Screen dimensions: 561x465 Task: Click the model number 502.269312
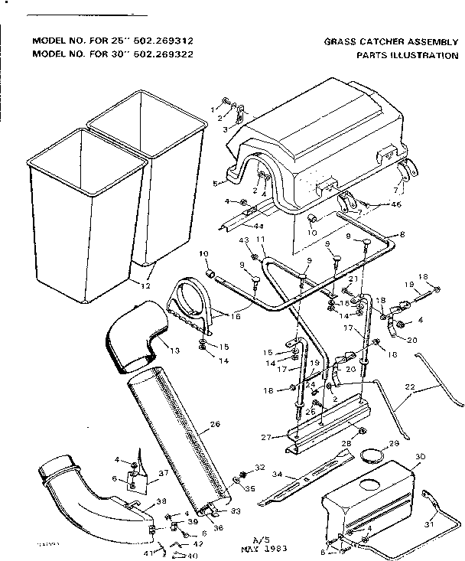pos(171,41)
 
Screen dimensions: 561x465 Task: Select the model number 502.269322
pos(171,54)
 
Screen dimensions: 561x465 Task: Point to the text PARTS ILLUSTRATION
pos(396,55)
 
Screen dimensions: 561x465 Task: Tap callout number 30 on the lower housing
pos(419,457)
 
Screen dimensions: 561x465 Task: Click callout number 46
pos(375,204)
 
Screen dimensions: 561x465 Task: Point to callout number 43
pos(244,241)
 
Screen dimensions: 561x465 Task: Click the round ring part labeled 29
pos(371,458)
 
